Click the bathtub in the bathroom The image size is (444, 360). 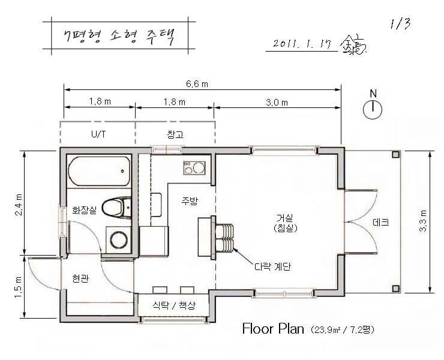(99, 171)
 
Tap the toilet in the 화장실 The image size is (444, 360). (116, 208)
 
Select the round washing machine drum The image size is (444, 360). (119, 240)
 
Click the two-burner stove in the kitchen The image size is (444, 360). (194, 167)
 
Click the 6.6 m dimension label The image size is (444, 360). (197, 84)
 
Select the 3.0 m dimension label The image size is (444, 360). (277, 102)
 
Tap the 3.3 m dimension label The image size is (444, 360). (423, 221)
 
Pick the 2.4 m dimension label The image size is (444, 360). (19, 205)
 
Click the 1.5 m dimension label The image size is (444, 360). (18, 287)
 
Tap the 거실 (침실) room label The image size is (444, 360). (286, 223)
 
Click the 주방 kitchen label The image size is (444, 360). (190, 201)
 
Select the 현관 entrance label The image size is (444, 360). (81, 278)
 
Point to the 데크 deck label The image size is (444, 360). (381, 222)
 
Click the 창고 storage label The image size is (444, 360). (175, 134)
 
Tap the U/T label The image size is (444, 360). (99, 134)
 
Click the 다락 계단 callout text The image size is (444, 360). (272, 266)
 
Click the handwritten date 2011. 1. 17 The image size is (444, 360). (302, 43)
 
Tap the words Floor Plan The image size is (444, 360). (273, 329)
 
